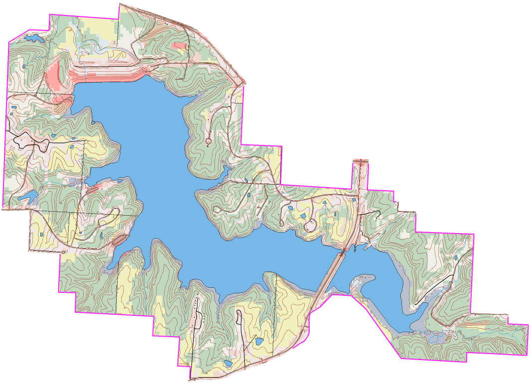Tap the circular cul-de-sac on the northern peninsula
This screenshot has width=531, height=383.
(208, 142)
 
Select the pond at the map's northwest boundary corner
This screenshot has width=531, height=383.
(32, 37)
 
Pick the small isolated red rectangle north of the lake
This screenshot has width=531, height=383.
(178, 46)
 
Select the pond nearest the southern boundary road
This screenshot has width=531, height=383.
(227, 363)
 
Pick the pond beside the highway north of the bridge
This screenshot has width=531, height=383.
(354, 200)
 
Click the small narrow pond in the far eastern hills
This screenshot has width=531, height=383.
(456, 257)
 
